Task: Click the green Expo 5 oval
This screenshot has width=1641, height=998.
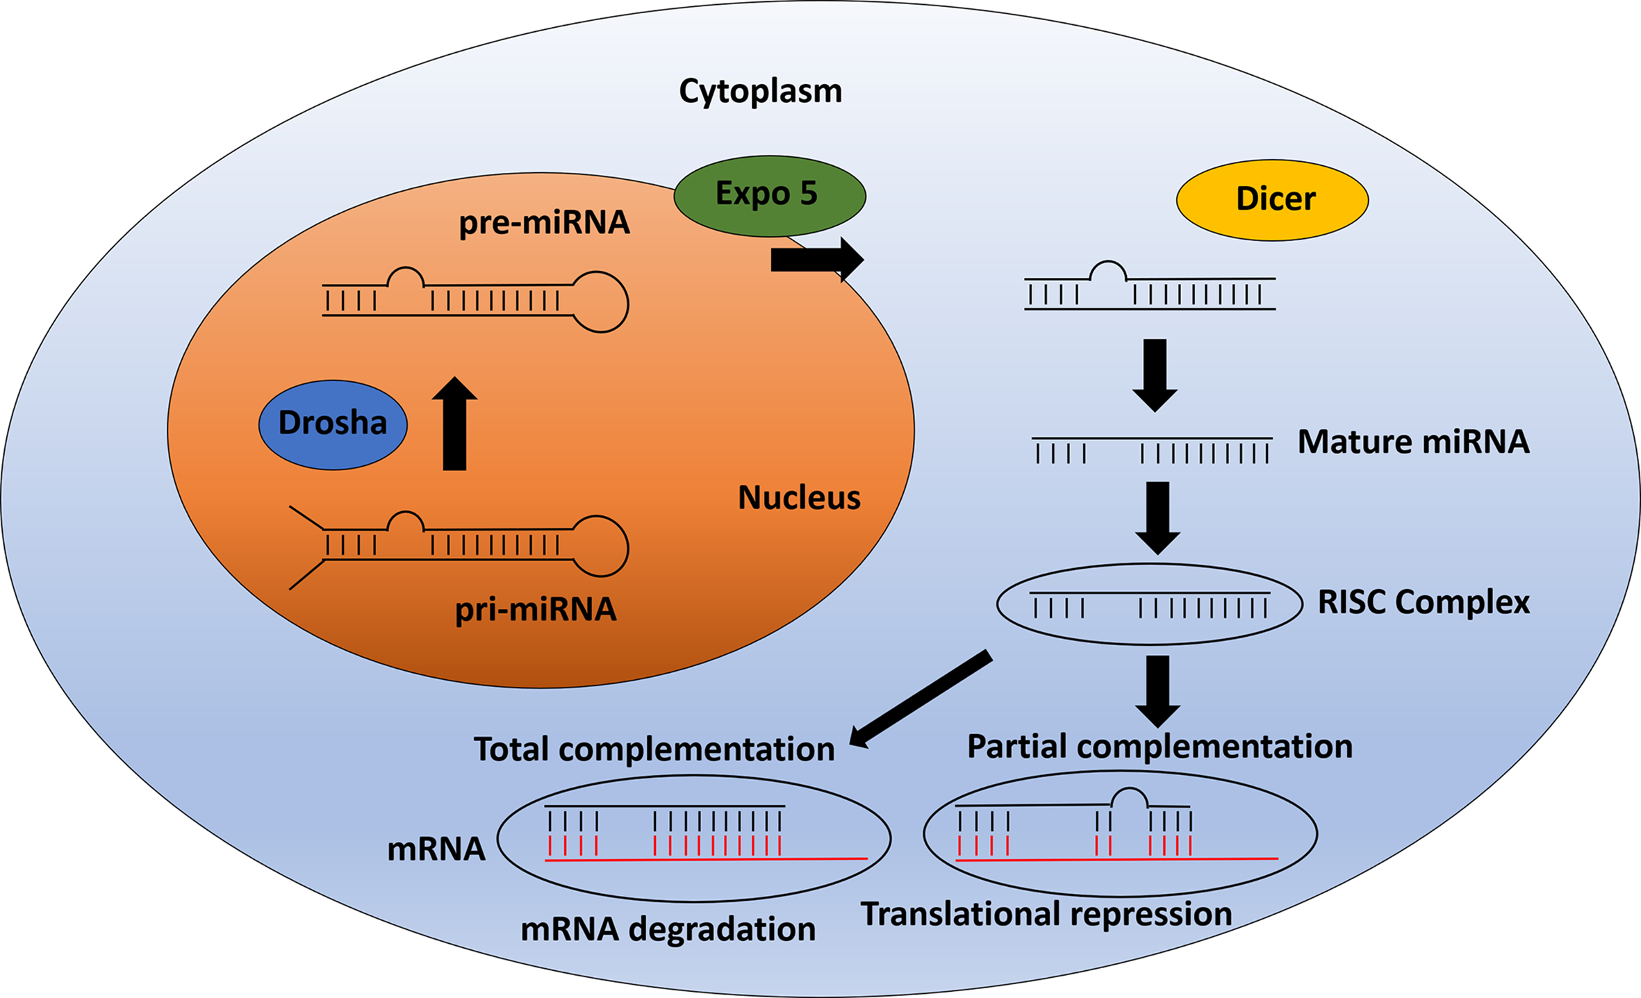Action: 769,195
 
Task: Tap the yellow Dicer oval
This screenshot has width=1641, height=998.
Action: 1272,200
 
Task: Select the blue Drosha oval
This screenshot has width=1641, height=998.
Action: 333,424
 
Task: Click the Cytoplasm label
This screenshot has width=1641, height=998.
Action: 760,91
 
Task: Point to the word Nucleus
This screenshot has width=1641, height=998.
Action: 799,497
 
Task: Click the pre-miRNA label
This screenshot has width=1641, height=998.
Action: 544,223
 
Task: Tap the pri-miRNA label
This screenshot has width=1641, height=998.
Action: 535,610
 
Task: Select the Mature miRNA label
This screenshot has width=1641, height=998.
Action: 1413,442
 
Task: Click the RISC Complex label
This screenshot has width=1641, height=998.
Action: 1423,601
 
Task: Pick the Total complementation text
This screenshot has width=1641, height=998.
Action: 654,749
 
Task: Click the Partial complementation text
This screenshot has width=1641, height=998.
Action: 1160,747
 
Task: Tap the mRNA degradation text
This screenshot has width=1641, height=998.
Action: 668,929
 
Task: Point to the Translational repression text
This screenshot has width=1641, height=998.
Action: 1046,914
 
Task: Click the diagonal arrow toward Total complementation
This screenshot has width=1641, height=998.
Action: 921,699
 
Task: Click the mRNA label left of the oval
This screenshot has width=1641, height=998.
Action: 436,849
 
